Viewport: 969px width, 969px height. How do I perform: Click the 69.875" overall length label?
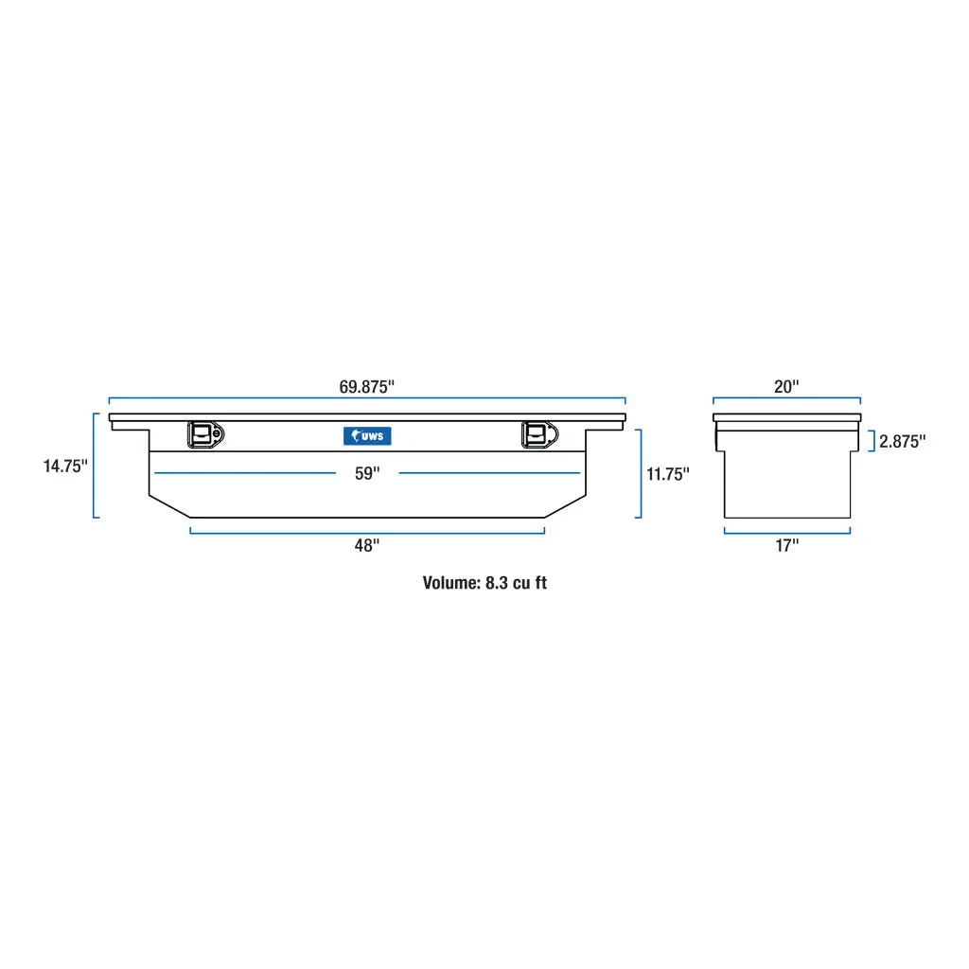pyautogui.click(x=366, y=386)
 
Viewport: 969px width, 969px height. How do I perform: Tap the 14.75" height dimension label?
pyautogui.click(x=65, y=466)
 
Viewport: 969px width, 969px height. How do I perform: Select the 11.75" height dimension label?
pyautogui.click(x=668, y=474)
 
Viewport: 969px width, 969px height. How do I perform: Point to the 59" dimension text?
pyautogui.click(x=367, y=473)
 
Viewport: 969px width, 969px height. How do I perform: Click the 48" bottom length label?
pyautogui.click(x=367, y=545)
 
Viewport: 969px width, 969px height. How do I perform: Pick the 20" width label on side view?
pyautogui.click(x=786, y=386)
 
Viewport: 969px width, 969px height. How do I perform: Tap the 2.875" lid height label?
pyautogui.click(x=902, y=441)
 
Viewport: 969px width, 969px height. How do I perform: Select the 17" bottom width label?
pyautogui.click(x=787, y=545)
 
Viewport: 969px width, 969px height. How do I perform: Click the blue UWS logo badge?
pyautogui.click(x=367, y=435)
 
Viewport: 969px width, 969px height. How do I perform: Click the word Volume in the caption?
pyautogui.click(x=450, y=583)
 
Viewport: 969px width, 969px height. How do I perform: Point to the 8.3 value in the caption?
pyautogui.click(x=497, y=583)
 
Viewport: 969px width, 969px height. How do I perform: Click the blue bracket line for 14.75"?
pyautogui.click(x=95, y=466)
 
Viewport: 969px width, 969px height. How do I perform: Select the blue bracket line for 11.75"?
pyautogui.click(x=641, y=473)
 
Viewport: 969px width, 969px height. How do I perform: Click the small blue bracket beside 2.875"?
pyautogui.click(x=872, y=441)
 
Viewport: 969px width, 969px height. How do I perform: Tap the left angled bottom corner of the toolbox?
pyautogui.click(x=170, y=505)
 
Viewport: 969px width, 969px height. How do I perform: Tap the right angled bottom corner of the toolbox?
pyautogui.click(x=565, y=505)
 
